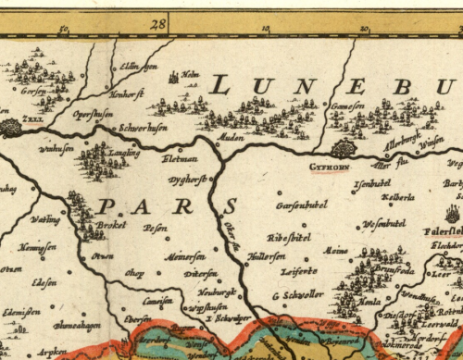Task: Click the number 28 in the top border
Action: (158, 23)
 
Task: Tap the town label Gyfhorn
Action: (331, 168)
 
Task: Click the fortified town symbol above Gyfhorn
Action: (343, 148)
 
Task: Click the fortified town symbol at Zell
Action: (10, 129)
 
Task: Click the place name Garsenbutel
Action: (302, 205)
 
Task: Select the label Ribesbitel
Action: (288, 238)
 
